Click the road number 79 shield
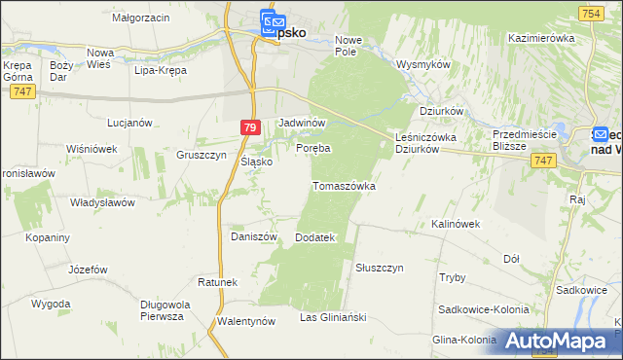coord(251,127)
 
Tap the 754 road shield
coord(589,13)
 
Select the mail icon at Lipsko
coord(271,21)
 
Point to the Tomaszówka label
coord(344,185)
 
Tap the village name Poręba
coord(313,148)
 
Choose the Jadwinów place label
coord(302,124)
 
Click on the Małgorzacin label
coord(141,18)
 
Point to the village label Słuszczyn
coord(380,267)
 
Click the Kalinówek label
coord(457,224)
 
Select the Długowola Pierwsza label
coord(163,309)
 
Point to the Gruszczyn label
coord(202,154)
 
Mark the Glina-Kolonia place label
coord(465,340)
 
